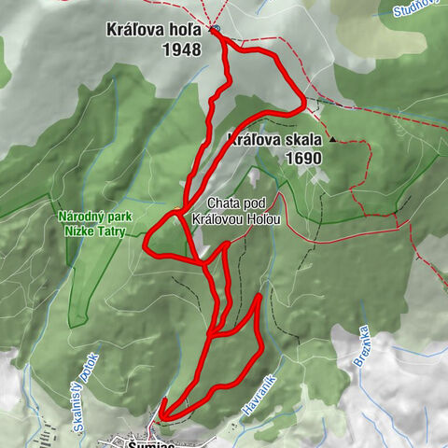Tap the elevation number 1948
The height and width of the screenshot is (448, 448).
181,49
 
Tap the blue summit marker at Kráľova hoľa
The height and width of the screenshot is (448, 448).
215,29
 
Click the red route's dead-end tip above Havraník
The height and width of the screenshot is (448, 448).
259,297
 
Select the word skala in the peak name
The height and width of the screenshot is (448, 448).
301,141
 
